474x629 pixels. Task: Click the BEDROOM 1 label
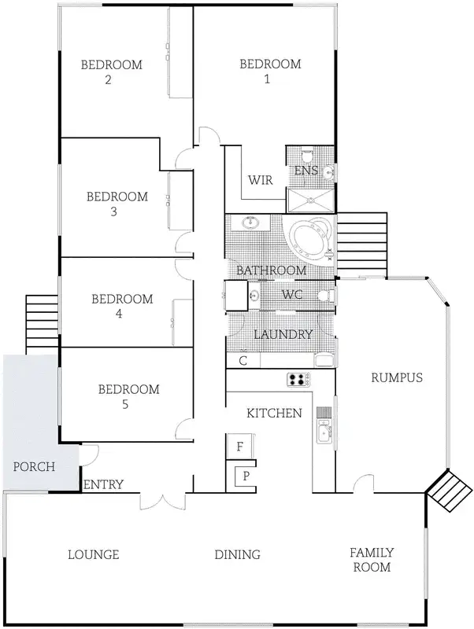pyautogui.click(x=270, y=71)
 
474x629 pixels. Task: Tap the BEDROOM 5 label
pyautogui.click(x=128, y=396)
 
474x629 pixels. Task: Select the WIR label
pyautogui.click(x=261, y=180)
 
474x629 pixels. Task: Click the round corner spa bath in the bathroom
pyautogui.click(x=310, y=238)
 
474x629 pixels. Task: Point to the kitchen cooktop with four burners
pyautogui.click(x=299, y=380)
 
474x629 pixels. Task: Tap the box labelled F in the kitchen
pyautogui.click(x=239, y=446)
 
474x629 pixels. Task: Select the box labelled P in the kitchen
pyautogui.click(x=245, y=476)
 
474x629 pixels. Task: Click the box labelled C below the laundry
pyautogui.click(x=243, y=361)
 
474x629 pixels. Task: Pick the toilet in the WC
pyautogui.click(x=325, y=296)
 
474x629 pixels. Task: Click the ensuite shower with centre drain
pyautogui.click(x=309, y=201)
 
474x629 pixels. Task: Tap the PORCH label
pyautogui.click(x=35, y=466)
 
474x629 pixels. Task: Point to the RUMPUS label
pyautogui.click(x=397, y=377)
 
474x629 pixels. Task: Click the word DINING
pyautogui.click(x=237, y=554)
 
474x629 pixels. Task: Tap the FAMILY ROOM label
pyautogui.click(x=372, y=560)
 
